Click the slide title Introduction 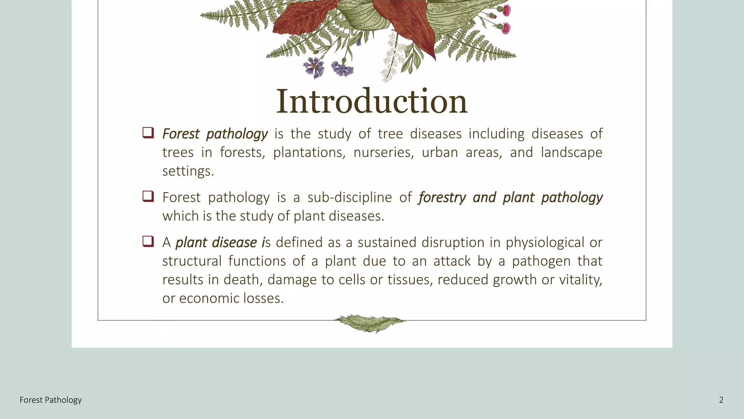(372, 101)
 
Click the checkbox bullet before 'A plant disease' (148, 241)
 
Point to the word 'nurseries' (383, 153)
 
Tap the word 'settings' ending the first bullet (187, 171)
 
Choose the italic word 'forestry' (442, 197)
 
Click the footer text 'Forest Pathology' (50, 400)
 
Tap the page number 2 (721, 400)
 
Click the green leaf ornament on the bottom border (369, 323)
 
